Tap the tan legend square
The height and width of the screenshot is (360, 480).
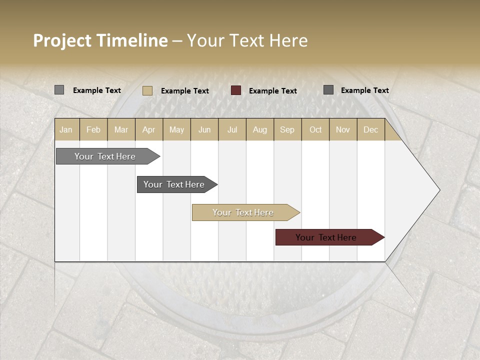point(147,90)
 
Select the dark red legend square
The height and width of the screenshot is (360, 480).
point(236,90)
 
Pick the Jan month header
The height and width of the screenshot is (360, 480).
point(66,129)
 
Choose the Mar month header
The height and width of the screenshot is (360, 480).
point(121,129)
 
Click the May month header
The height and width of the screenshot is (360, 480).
point(176,129)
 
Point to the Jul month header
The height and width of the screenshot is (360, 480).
point(232,129)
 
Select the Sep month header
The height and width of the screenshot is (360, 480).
point(287,129)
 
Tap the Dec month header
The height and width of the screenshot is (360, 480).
point(370,129)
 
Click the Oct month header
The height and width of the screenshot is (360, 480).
point(315,129)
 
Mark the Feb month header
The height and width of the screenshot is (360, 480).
point(93,129)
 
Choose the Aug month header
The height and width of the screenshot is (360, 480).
point(259,129)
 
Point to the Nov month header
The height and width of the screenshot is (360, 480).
point(342,129)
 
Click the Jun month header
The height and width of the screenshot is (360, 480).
point(204,129)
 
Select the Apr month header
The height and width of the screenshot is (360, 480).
point(148,129)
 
